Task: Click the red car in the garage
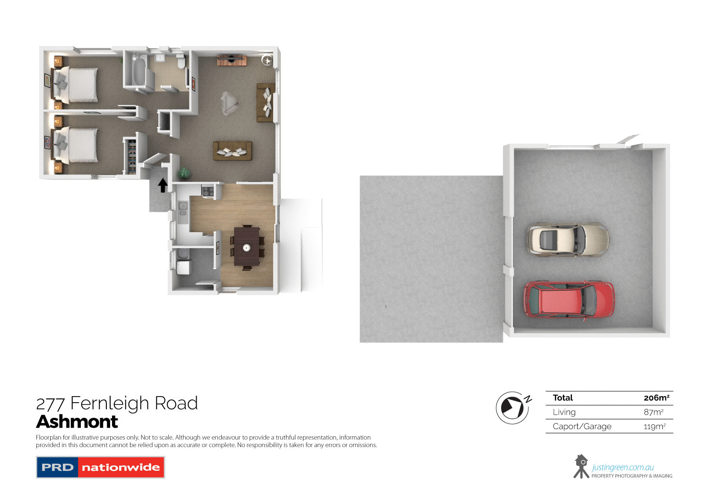(x=569, y=300)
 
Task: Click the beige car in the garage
(x=568, y=240)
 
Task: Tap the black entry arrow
(x=163, y=185)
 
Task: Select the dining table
(x=247, y=246)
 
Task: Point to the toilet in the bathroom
(x=181, y=62)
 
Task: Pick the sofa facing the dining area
(x=232, y=151)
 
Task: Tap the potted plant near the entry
(x=184, y=173)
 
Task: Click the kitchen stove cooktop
(x=208, y=191)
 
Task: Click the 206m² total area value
(x=656, y=398)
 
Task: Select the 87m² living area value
(x=653, y=412)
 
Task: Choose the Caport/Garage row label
(x=582, y=426)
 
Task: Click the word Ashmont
(x=77, y=422)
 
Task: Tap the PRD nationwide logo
(x=100, y=467)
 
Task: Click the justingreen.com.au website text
(x=623, y=467)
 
